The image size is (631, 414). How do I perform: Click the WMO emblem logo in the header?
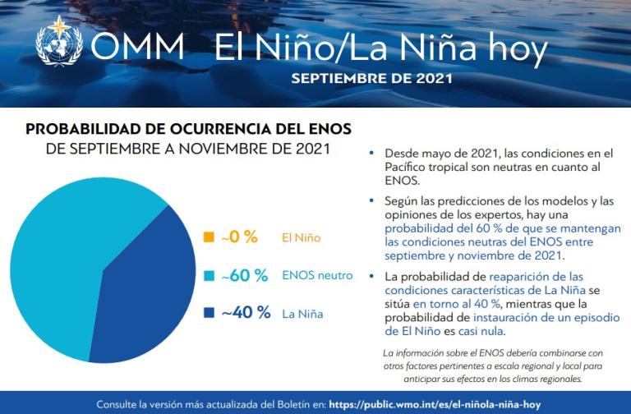pyautogui.click(x=59, y=40)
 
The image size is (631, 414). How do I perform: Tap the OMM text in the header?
pyautogui.click(x=137, y=48)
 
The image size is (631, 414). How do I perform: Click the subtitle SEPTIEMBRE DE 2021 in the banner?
pyautogui.click(x=371, y=80)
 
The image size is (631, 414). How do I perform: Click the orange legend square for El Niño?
pyautogui.click(x=209, y=237)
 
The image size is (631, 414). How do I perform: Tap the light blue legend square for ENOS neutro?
pyautogui.click(x=209, y=275)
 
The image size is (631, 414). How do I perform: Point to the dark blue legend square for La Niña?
pyautogui.click(x=209, y=313)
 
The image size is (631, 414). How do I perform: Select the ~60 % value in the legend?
pyautogui.click(x=245, y=275)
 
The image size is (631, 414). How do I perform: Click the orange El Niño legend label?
pyautogui.click(x=301, y=238)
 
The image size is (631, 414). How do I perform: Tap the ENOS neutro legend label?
pyautogui.click(x=317, y=275)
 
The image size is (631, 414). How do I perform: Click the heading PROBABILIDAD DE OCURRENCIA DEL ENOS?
pyautogui.click(x=188, y=129)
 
